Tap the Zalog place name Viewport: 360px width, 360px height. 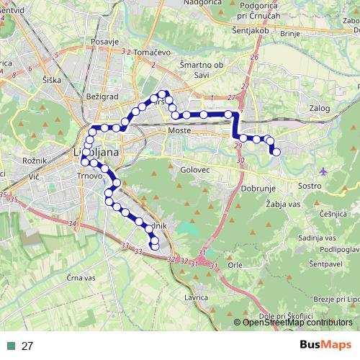pyautogui.click(x=318, y=109)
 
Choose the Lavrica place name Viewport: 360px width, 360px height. pyautogui.click(x=196, y=297)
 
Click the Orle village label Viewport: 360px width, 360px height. pyautogui.click(x=235, y=264)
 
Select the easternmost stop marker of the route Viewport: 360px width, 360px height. pyautogui.click(x=276, y=151)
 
